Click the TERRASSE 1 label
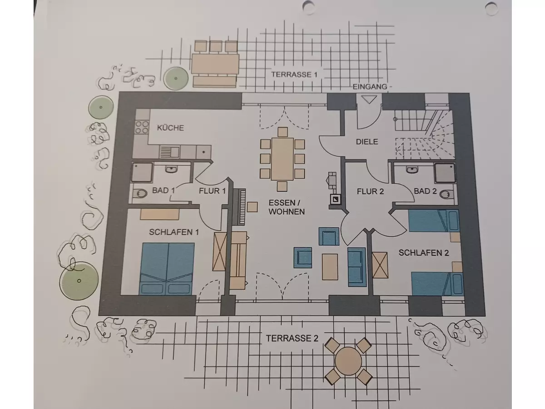(x=294, y=75)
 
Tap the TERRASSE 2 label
(x=292, y=338)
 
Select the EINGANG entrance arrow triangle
(x=369, y=100)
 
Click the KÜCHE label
(x=170, y=128)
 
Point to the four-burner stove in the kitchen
(x=142, y=127)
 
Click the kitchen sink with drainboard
(x=169, y=152)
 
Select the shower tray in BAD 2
(x=445, y=173)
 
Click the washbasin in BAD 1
(x=171, y=170)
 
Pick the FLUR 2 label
(x=370, y=191)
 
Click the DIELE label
(x=367, y=142)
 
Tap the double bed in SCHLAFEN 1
(x=167, y=269)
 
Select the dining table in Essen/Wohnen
(x=282, y=159)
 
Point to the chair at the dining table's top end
(x=282, y=132)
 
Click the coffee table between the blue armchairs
(x=330, y=267)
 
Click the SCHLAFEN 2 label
(x=424, y=253)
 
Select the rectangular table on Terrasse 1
(x=215, y=65)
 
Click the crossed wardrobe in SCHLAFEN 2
(x=380, y=265)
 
